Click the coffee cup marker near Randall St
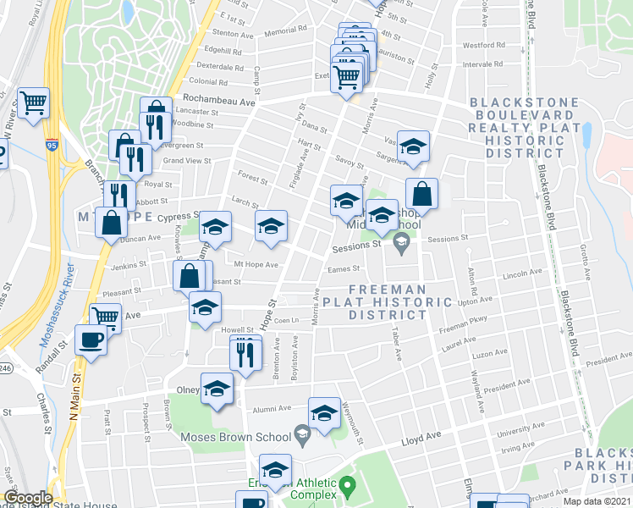pyautogui.click(x=91, y=340)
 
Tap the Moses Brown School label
pyautogui.click(x=233, y=437)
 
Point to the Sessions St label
pyautogui.click(x=356, y=246)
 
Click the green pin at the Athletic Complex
pyautogui.click(x=348, y=487)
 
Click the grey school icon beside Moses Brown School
pyautogui.click(x=300, y=437)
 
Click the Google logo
pyautogui.click(x=29, y=498)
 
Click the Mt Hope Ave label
pyautogui.click(x=256, y=265)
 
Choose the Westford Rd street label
pyautogui.click(x=483, y=45)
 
